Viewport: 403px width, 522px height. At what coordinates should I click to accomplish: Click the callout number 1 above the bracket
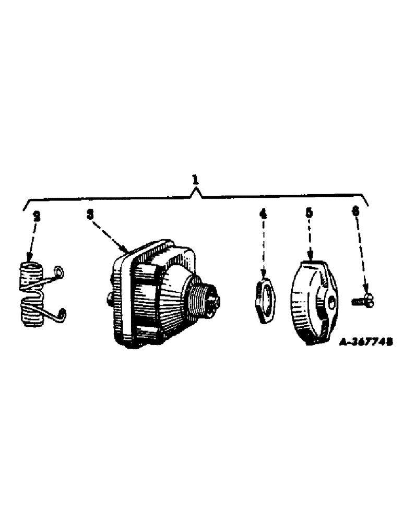(x=195, y=180)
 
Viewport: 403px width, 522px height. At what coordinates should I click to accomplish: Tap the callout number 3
(x=89, y=213)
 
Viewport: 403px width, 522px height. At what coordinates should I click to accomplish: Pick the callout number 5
(x=310, y=213)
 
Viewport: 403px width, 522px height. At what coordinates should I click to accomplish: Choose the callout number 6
(x=356, y=211)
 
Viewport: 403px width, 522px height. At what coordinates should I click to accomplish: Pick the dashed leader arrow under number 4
(x=264, y=245)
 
